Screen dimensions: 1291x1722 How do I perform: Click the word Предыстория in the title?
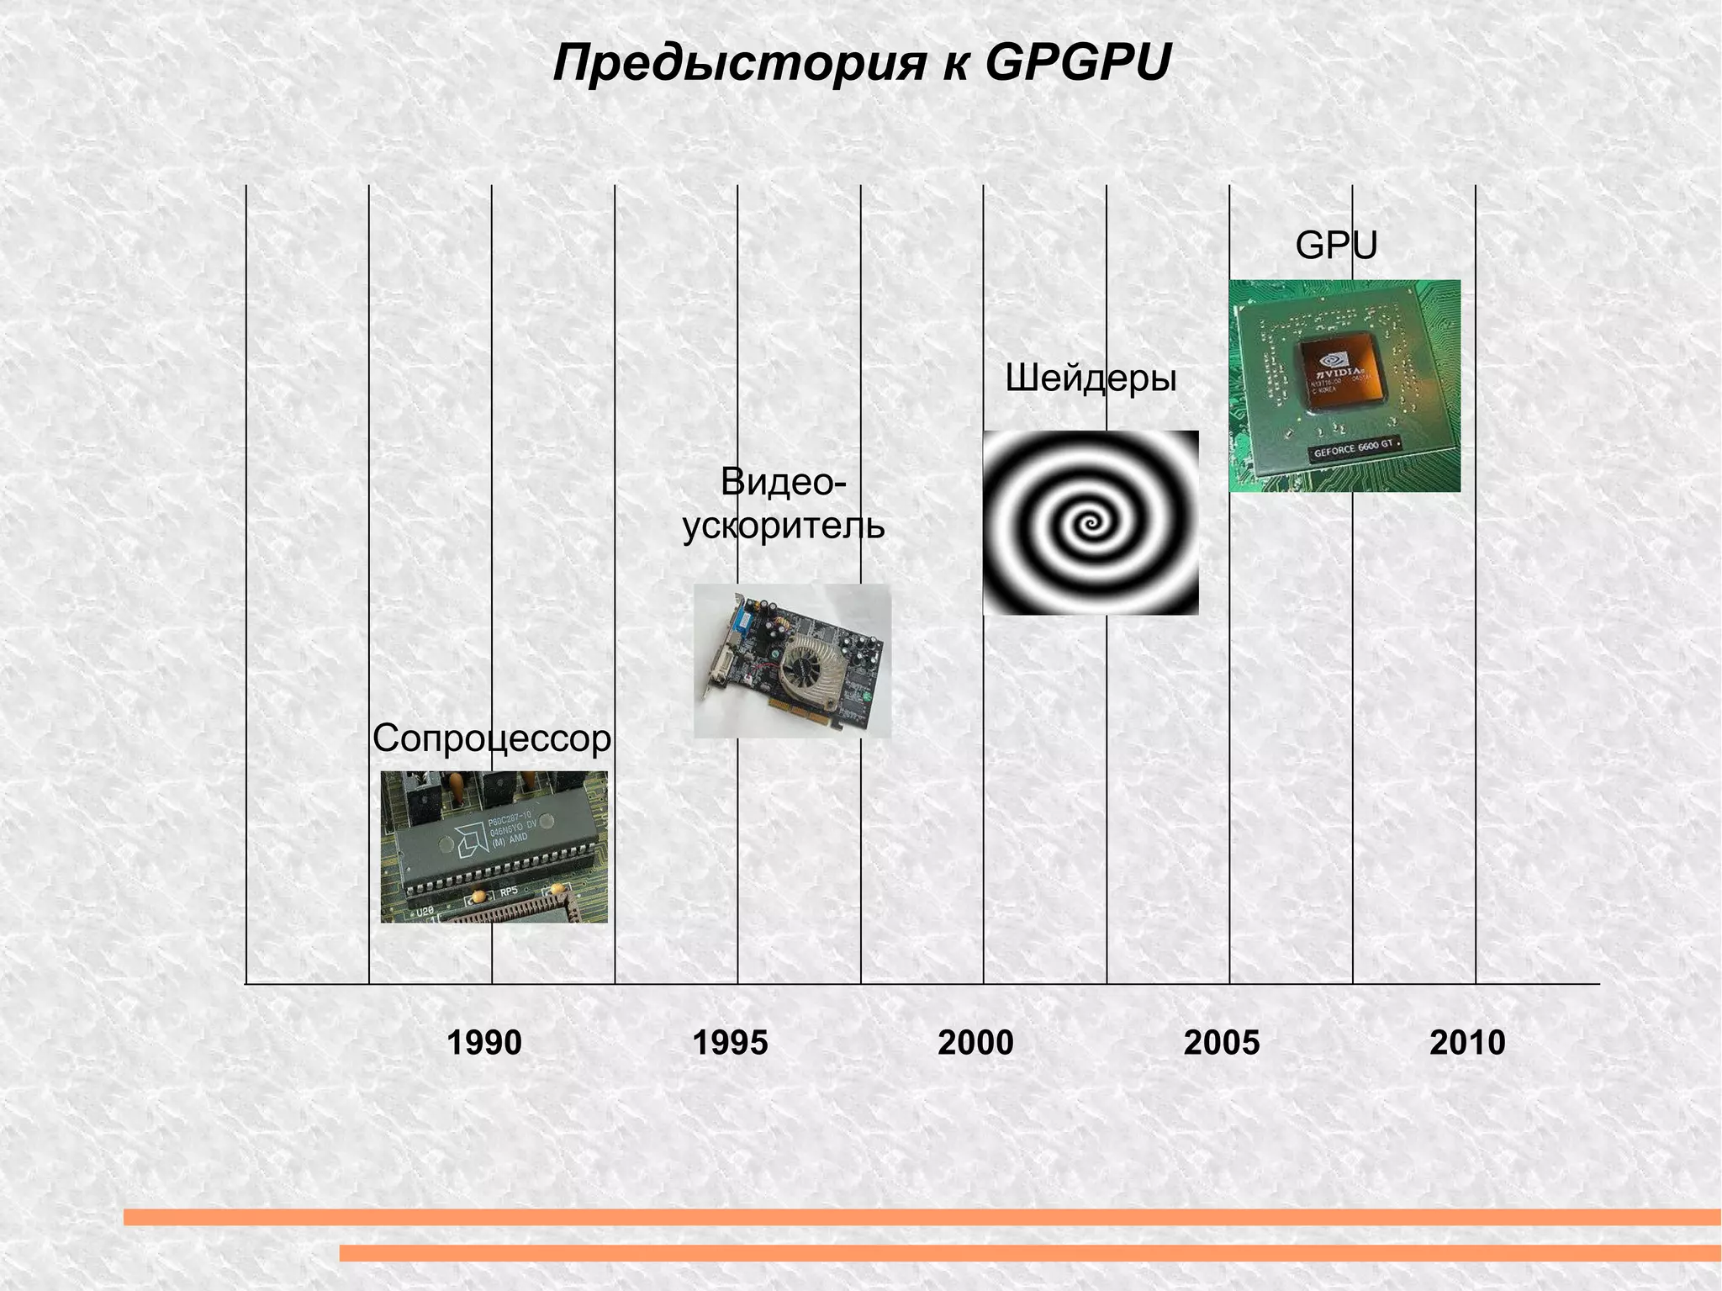tap(739, 64)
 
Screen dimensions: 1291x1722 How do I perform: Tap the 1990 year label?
tap(483, 1043)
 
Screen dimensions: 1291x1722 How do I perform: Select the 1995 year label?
tap(730, 1043)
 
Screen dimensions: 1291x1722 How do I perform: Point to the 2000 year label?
tap(975, 1043)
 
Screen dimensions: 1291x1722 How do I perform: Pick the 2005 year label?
tap(1222, 1043)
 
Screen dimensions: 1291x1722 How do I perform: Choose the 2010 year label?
tap(1467, 1043)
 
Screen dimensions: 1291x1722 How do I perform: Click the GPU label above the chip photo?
tap(1336, 246)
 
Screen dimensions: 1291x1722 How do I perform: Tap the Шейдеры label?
tap(1091, 379)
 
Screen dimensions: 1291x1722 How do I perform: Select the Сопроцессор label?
tap(492, 738)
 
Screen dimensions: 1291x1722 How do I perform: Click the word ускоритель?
tap(784, 526)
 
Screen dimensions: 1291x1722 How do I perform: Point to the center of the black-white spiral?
tap(1091, 524)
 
